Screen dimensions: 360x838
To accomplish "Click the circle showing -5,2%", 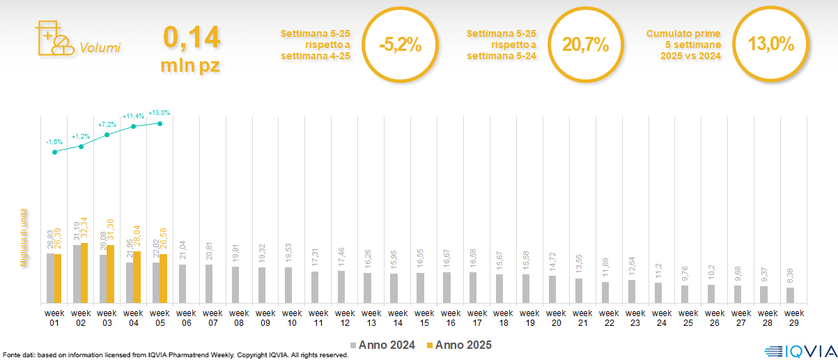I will (x=400, y=45).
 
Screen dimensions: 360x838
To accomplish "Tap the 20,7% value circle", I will (x=585, y=45).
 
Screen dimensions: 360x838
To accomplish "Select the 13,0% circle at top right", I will (x=770, y=45).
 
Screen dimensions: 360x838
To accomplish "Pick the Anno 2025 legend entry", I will (x=458, y=345).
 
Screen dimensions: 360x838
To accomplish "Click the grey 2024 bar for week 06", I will (x=183, y=283).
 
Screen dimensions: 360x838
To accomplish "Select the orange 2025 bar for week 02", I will (x=84, y=273).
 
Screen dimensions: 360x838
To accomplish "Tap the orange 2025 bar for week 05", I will (x=164, y=279).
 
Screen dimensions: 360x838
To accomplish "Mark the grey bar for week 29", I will (x=790, y=295).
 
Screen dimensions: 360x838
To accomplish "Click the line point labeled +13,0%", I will (x=160, y=123).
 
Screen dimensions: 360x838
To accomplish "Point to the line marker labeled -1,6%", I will (x=54, y=152).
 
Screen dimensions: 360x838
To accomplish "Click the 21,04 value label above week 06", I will (x=183, y=250).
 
